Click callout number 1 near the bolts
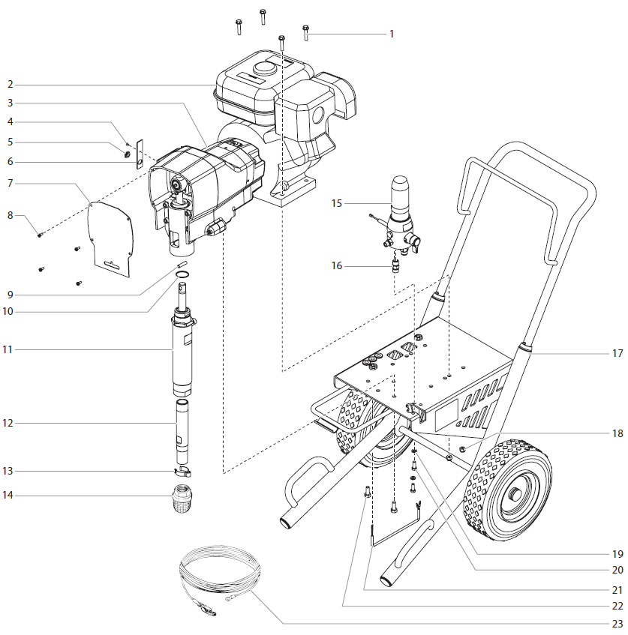[x=391, y=34]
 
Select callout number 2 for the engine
[x=11, y=83]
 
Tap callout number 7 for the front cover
[x=11, y=181]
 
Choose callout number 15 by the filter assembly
[x=337, y=203]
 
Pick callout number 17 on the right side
[x=617, y=352]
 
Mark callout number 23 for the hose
[x=617, y=624]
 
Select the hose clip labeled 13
[x=181, y=472]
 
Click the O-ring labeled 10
[x=182, y=277]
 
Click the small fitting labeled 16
[x=395, y=264]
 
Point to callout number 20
[x=617, y=570]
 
